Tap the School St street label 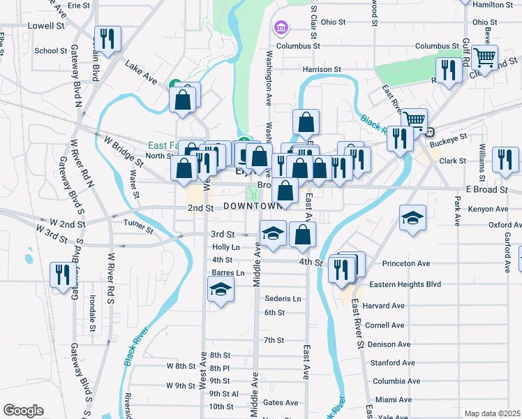pyautogui.click(x=50, y=50)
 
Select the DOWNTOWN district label pyautogui.click(x=253, y=207)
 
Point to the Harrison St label pyautogui.click(x=321, y=70)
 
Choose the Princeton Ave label pyautogui.click(x=407, y=264)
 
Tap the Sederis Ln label pyautogui.click(x=283, y=298)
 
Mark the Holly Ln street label pyautogui.click(x=226, y=247)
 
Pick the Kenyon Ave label pyautogui.click(x=489, y=209)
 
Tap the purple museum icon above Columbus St pyautogui.click(x=281, y=28)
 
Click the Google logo pyautogui.click(x=23, y=411)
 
